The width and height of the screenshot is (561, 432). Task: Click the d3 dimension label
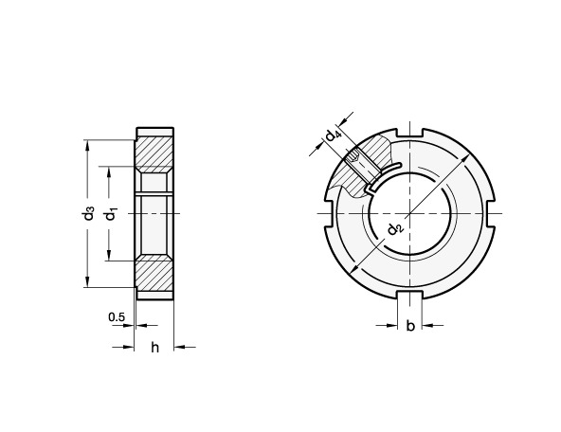(x=88, y=213)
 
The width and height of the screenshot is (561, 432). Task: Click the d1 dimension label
(x=111, y=214)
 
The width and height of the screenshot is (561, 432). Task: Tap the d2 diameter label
(x=395, y=228)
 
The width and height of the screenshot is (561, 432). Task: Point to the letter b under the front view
(x=410, y=326)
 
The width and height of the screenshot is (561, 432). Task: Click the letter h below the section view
(x=154, y=347)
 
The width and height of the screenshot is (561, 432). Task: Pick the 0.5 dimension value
(x=117, y=316)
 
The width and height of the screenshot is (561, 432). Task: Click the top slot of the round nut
(x=410, y=133)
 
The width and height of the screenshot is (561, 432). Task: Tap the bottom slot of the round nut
(x=410, y=295)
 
